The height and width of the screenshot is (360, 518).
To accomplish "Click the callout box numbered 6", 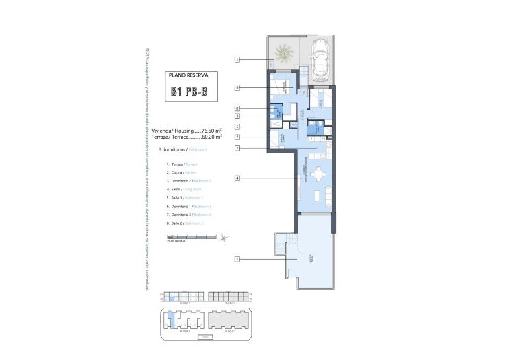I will pos(237,87).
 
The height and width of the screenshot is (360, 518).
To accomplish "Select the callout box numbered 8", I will pos(237,108).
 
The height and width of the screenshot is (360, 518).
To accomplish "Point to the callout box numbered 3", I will pos(237,116).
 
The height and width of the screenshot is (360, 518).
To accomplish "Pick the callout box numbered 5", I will pos(237,127).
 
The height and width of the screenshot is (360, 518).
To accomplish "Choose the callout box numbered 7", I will pos(237,137).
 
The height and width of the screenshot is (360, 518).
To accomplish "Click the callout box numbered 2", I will pos(237,147).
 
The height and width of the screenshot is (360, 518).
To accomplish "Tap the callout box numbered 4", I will pos(237,178).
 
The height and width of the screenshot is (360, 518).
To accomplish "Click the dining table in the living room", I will pos(317,174).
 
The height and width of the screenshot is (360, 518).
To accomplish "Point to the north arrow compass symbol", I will pos(225,236).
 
